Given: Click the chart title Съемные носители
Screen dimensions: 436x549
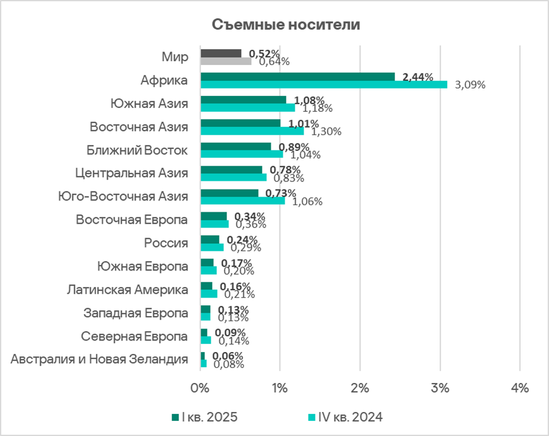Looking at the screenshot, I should (x=285, y=25).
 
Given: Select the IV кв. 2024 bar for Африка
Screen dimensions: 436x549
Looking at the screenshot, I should (x=324, y=85).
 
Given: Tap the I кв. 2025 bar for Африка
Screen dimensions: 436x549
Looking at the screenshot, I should (x=297, y=76).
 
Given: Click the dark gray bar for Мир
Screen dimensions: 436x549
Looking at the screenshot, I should (x=221, y=53).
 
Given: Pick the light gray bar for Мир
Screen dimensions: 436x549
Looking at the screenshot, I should (x=226, y=61).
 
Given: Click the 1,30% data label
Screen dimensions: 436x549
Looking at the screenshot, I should (x=326, y=131).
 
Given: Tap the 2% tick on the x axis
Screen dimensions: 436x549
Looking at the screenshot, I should (x=360, y=389).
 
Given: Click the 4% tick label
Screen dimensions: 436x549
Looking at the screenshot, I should (x=519, y=389).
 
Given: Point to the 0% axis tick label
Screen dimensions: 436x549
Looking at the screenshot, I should (x=200, y=389).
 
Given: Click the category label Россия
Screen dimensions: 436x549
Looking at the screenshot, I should (x=166, y=243).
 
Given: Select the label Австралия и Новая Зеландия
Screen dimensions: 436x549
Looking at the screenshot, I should (x=100, y=360).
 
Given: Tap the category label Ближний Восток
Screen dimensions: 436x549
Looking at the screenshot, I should (x=137, y=150).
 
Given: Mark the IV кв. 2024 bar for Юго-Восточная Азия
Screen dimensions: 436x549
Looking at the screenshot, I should (x=242, y=201).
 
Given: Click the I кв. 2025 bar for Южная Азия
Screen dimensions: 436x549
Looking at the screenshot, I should (x=243, y=100).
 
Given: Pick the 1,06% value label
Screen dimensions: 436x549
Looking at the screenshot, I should (x=307, y=202).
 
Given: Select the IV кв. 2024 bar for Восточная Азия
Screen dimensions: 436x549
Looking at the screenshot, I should (x=252, y=131).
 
